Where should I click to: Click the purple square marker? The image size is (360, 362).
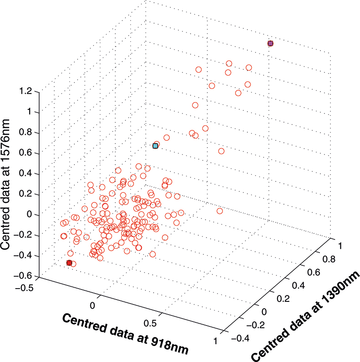tap(270, 43)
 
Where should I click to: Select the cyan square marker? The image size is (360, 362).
tap(155, 146)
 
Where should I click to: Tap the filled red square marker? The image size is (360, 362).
tap(69, 263)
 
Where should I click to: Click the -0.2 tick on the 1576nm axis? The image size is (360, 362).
tap(28, 234)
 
